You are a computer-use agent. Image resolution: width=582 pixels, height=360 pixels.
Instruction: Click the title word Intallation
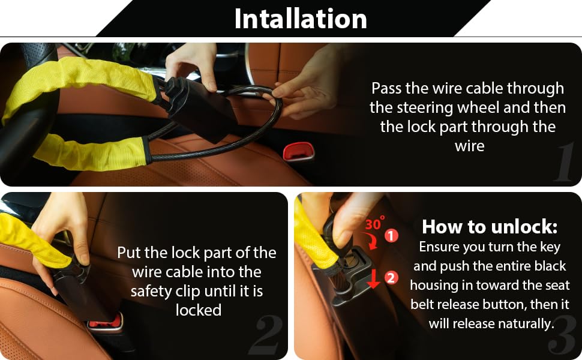tap(301, 19)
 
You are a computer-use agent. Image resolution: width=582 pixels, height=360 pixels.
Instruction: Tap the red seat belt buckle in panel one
tap(298, 151)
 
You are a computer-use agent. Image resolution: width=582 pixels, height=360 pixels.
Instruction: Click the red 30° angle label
tap(375, 223)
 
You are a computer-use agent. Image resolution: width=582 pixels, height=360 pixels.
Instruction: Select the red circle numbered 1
tap(391, 235)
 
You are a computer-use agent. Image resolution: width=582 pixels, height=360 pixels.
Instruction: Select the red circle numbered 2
tap(391, 278)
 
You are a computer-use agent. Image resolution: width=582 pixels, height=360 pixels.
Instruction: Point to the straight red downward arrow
tap(373, 279)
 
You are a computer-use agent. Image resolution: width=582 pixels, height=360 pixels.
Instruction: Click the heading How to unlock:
tap(490, 226)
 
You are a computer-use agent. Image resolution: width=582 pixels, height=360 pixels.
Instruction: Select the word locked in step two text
tap(199, 310)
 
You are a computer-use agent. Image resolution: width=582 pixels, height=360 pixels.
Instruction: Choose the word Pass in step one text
tap(386, 89)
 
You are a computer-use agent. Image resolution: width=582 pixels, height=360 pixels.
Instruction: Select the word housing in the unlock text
tap(433, 286)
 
